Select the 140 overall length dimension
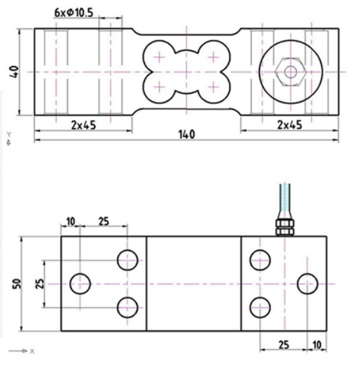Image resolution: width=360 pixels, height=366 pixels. coord(186,134)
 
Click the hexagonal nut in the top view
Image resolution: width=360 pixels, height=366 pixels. coord(289,71)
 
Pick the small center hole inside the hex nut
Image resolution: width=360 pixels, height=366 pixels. coord(289,71)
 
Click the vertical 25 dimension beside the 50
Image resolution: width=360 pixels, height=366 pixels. coord(40,283)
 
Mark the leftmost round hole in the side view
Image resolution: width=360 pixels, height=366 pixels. coord(81,283)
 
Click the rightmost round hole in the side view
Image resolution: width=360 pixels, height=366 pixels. coord(308,283)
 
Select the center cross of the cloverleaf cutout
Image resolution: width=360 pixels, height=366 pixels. coord(186,71)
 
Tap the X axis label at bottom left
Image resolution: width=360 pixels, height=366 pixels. coord(32,352)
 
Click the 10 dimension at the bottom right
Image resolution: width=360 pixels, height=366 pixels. coord(317,345)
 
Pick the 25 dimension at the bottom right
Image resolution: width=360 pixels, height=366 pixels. coord(284,345)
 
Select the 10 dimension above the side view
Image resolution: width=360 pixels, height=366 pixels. coord(70,221)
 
